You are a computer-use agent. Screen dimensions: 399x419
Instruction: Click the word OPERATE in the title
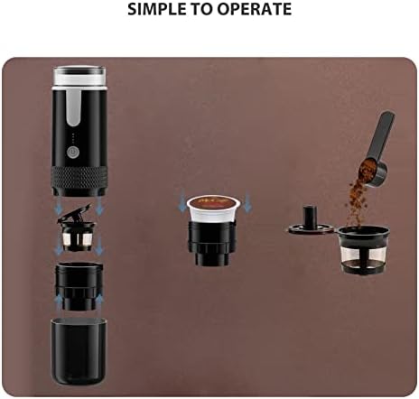click(x=258, y=11)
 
